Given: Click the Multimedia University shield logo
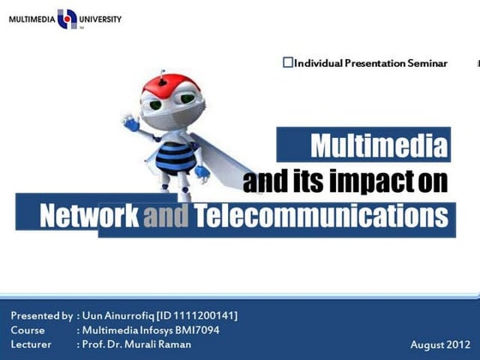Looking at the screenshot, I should (x=67, y=19).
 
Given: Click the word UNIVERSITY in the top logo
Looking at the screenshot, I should (x=102, y=19).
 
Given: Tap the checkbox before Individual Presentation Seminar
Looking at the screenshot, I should (x=288, y=62).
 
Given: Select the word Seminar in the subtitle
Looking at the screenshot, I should (x=427, y=63).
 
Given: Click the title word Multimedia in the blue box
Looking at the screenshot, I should (x=378, y=147).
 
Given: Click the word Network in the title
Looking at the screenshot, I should (x=89, y=216).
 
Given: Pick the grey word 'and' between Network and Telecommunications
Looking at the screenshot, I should (x=166, y=216).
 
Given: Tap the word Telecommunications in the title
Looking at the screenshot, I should (x=321, y=216).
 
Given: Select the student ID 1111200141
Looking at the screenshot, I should (x=206, y=315).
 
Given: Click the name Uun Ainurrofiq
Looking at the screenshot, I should (x=117, y=315).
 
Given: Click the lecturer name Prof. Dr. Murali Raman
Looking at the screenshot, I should (x=136, y=345).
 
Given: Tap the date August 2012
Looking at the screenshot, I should (x=440, y=345).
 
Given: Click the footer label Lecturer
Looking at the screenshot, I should (x=32, y=345).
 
